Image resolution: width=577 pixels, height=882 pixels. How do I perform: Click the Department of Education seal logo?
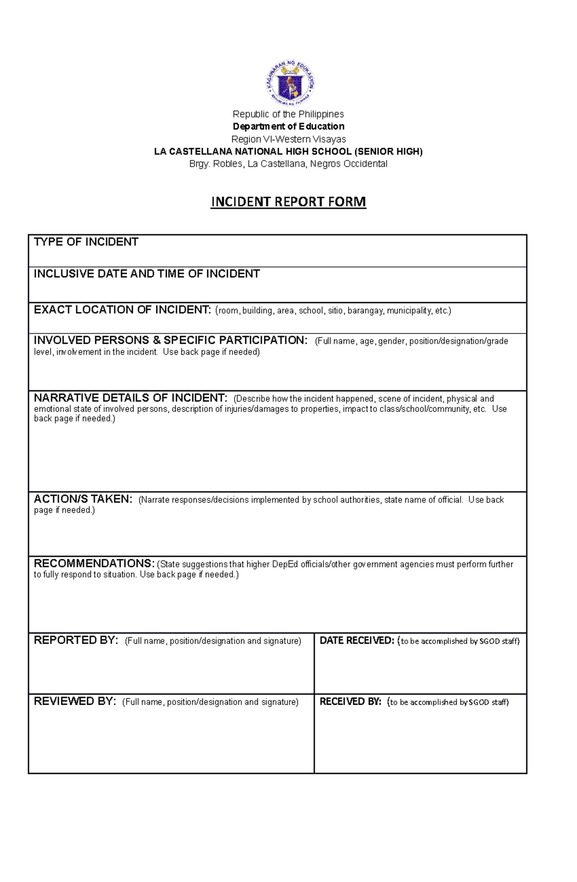point(290,83)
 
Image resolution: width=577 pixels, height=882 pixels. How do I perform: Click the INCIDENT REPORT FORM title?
point(288,202)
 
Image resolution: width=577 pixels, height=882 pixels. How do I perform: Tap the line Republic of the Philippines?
point(288,114)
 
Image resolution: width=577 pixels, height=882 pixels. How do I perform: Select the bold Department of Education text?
point(288,126)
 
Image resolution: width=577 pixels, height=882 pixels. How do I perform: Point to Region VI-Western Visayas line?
point(288,139)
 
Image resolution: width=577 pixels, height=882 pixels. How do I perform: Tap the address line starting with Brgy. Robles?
point(288,164)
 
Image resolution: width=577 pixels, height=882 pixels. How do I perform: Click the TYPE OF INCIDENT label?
point(86,242)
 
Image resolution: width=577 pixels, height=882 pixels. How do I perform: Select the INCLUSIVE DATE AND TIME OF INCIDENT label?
point(147,274)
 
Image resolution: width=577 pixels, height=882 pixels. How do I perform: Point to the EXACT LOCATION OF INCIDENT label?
point(122,310)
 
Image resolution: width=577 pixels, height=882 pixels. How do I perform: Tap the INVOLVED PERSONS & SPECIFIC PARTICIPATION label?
point(170,341)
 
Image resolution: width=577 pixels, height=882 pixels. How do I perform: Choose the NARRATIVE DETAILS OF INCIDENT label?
point(130,398)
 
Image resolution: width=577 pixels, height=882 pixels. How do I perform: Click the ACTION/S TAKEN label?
point(83,499)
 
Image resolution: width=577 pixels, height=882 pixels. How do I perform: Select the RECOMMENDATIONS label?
point(94,564)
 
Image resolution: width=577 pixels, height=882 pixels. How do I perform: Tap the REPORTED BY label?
point(75,641)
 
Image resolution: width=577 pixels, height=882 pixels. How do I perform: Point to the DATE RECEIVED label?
point(357,641)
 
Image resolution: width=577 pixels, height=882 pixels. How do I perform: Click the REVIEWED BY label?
point(75,702)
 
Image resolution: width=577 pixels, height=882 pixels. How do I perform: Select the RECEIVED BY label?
point(350,702)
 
